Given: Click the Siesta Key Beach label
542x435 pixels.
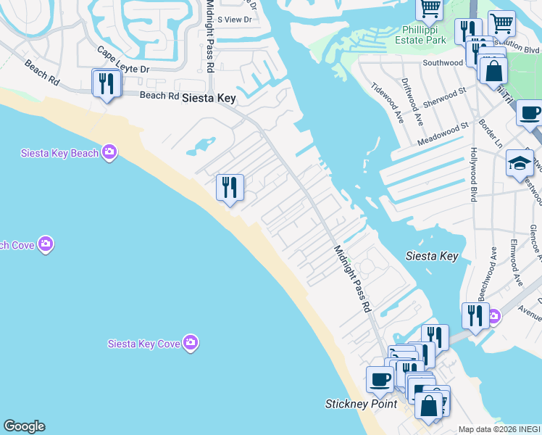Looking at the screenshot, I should click(x=59, y=153).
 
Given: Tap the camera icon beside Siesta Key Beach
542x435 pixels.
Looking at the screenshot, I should click(x=109, y=152).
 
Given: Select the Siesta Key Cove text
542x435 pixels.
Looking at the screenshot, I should click(x=143, y=344).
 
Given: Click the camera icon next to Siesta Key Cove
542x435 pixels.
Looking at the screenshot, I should click(x=191, y=342).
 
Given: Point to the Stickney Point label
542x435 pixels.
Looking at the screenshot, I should click(x=361, y=404).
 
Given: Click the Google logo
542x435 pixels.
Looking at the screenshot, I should click(x=24, y=426).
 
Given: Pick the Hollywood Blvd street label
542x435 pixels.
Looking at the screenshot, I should click(x=474, y=175).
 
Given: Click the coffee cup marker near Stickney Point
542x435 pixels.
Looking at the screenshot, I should click(x=380, y=378).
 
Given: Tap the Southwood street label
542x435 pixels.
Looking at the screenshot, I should click(x=443, y=63).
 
